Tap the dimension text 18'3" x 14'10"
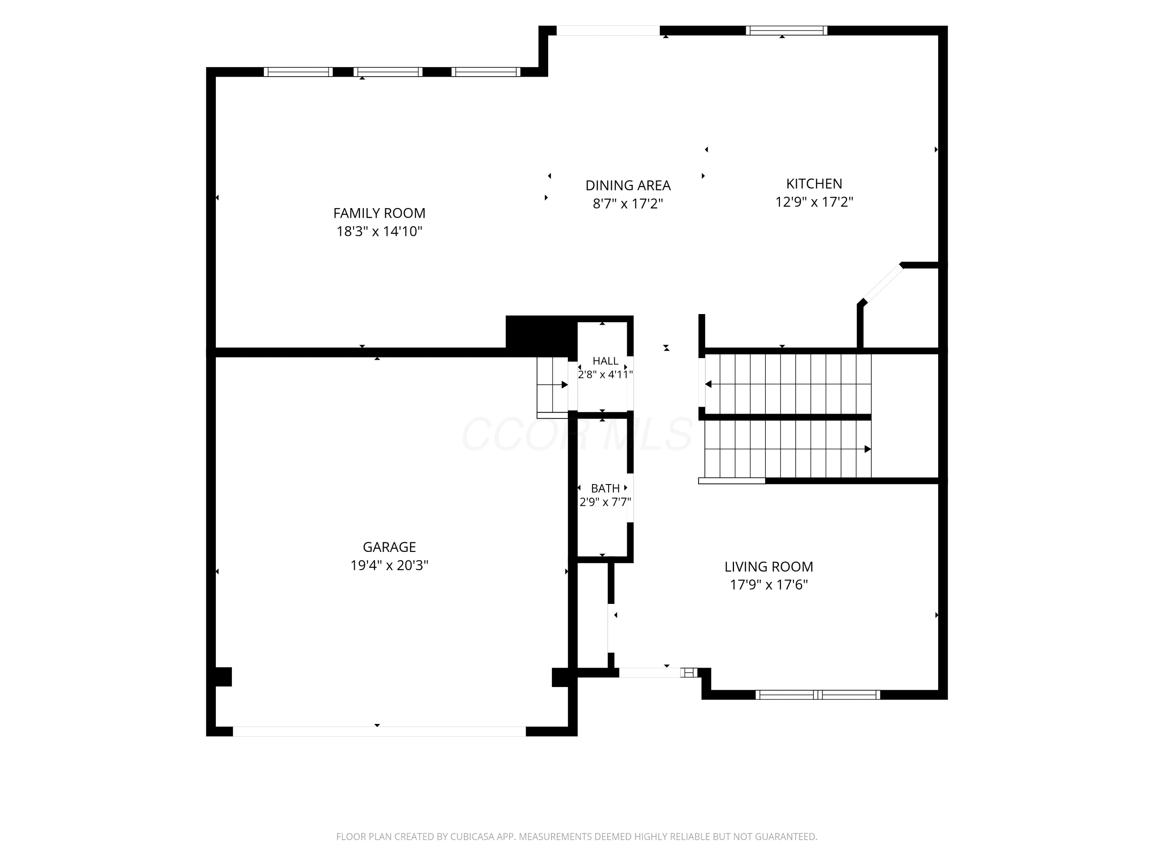[x=379, y=231]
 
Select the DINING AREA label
[x=628, y=185]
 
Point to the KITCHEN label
[x=814, y=184]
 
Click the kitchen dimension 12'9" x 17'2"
[x=814, y=202]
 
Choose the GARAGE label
[x=389, y=547]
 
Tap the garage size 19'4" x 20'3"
[x=389, y=565]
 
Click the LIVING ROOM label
[x=769, y=567]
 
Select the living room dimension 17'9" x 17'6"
[x=769, y=585]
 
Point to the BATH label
[x=605, y=488]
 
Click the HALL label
[x=605, y=361]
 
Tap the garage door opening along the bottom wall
[x=379, y=731]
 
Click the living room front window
[x=817, y=695]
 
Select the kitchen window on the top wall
[x=786, y=30]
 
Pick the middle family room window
[x=388, y=72]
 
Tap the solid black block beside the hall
[x=541, y=336]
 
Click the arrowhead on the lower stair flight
[x=867, y=449]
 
